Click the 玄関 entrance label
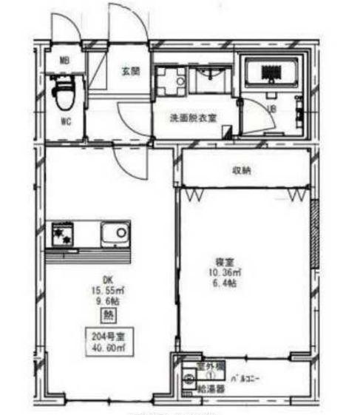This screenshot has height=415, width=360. [132, 71]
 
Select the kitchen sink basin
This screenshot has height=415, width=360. [115, 234]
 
